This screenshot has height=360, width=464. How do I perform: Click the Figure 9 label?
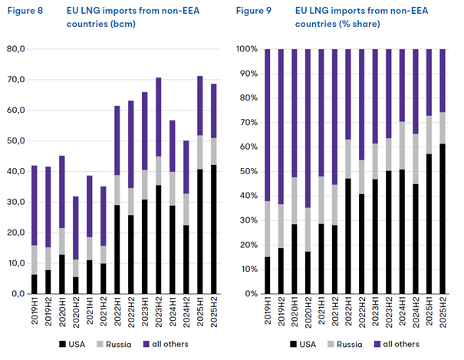[x=255, y=12]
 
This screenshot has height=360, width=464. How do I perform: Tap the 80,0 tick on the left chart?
[x=15, y=49]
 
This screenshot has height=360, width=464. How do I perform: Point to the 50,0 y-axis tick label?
[x=15, y=141]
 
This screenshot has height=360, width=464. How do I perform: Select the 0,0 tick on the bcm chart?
[x=17, y=294]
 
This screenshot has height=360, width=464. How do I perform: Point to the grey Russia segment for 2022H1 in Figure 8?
[x=117, y=190]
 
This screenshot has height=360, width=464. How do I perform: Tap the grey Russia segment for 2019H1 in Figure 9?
[x=268, y=229]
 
